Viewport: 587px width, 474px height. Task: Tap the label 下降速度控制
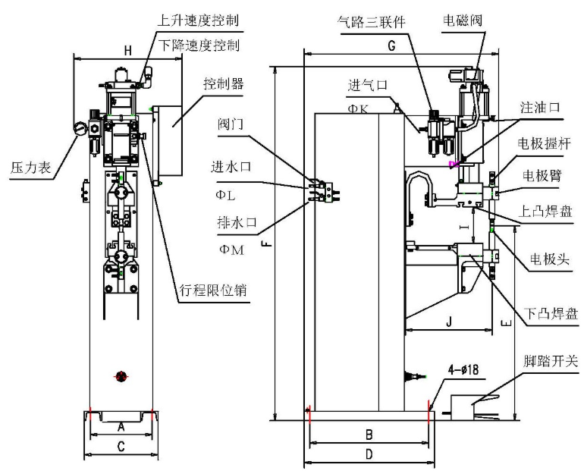[200, 45]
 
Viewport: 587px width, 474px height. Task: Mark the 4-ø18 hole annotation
[462, 370]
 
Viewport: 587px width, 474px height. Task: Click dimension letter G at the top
[391, 46]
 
